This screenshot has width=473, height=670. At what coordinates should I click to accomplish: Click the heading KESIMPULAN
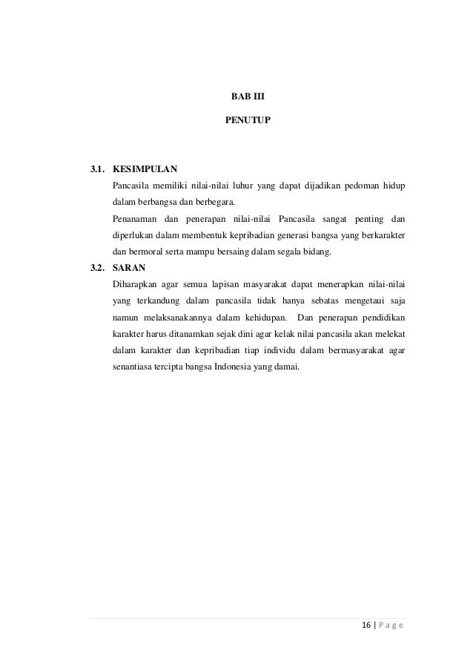(145, 169)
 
